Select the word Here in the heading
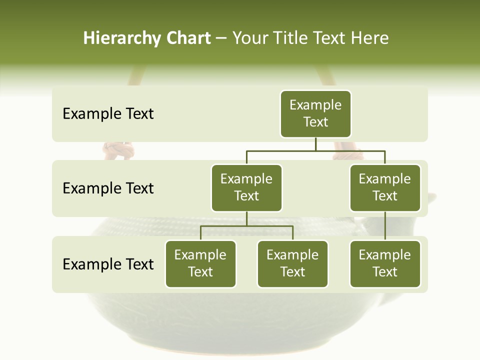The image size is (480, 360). (369, 38)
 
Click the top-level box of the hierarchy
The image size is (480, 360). (315, 114)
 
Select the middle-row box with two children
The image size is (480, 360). (246, 188)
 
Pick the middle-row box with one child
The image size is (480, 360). (385, 188)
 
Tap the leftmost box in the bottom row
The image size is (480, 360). (200, 264)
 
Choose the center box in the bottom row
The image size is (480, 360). (292, 264)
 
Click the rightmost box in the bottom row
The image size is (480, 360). (385, 264)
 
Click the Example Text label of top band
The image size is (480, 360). (108, 114)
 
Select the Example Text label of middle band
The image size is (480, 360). (108, 188)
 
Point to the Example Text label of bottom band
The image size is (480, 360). (108, 264)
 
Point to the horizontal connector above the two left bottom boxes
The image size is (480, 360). (246, 226)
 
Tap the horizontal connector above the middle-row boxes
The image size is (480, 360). (315, 150)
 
